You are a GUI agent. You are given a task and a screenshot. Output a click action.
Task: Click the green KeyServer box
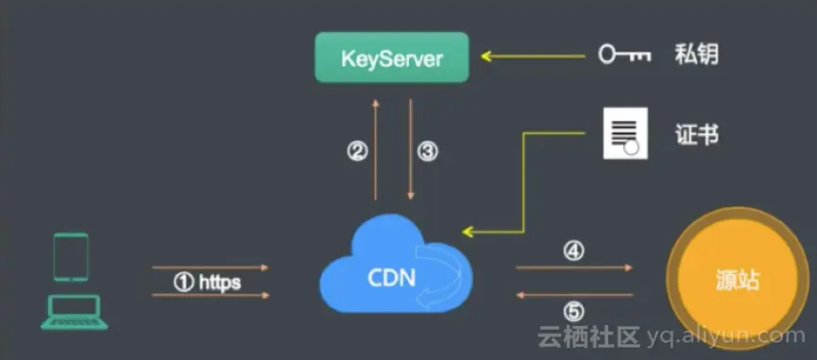pos(392,58)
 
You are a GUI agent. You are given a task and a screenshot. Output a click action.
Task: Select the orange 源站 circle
pos(738,282)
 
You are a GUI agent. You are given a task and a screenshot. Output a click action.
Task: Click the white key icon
pos(624,54)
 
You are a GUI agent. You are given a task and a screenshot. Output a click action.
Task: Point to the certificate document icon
pos(625,133)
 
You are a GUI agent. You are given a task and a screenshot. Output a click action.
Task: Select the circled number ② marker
pos(357,151)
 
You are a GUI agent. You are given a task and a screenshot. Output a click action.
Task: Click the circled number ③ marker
pos(428,151)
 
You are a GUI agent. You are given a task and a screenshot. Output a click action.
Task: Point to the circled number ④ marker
pos(573,251)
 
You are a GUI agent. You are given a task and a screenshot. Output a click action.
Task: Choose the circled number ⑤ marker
pos(573,312)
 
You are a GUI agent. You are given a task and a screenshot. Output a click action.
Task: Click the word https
pos(220,283)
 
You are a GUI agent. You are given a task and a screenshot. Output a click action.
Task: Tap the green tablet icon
pos(71,257)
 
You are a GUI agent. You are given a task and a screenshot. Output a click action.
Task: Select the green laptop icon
pos(75,312)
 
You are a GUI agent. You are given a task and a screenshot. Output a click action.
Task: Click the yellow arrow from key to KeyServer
pos(533,56)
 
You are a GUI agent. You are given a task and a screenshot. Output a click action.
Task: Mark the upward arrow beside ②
pos(375,149)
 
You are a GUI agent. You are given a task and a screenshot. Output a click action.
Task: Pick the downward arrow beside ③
pos(411,149)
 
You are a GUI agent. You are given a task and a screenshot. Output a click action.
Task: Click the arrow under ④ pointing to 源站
pos(574,267)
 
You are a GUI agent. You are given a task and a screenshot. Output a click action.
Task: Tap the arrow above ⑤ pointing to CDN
pos(574,296)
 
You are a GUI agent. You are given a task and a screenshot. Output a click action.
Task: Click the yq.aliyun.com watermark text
pos(725,337)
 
